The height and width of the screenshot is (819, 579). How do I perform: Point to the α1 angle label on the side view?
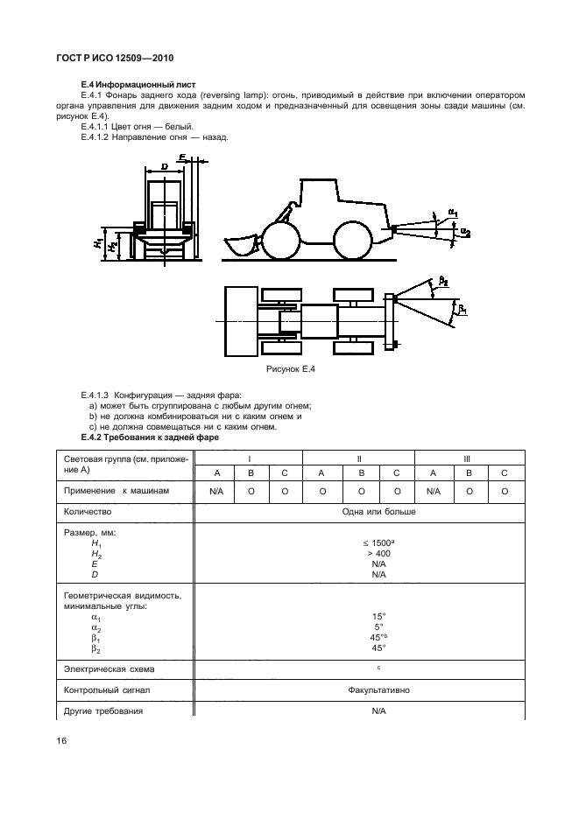[454, 212]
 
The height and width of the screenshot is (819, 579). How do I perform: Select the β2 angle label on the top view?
[444, 281]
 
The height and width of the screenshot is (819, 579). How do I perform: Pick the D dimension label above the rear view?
[164, 165]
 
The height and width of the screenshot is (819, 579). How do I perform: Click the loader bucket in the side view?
[239, 246]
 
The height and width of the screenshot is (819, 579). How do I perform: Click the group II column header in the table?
[359, 458]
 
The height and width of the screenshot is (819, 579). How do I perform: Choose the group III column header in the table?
[468, 458]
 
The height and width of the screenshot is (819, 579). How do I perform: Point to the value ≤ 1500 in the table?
[378, 543]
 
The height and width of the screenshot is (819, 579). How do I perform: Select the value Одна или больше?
[378, 511]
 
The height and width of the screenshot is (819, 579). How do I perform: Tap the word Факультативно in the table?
[378, 689]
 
